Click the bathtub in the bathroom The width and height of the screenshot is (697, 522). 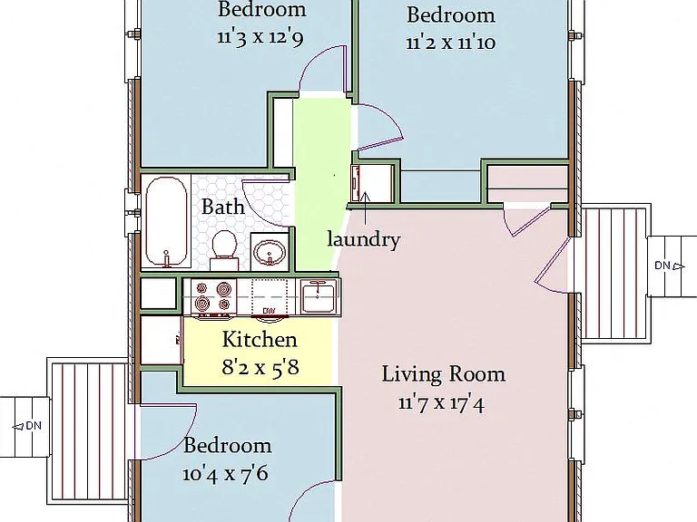166,221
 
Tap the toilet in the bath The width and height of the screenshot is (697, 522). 224,249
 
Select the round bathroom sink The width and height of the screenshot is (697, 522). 270,251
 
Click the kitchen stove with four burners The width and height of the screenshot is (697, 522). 211,296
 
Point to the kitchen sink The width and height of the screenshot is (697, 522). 318,296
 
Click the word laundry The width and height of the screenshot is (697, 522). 364,240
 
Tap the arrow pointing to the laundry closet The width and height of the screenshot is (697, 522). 366,208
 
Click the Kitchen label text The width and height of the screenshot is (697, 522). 260,340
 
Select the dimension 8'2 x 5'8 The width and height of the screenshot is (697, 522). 260,368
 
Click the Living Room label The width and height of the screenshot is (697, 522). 444,374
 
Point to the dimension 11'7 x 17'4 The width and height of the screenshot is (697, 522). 441,403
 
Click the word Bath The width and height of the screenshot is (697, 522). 222,207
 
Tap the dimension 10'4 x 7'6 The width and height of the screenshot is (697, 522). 225,474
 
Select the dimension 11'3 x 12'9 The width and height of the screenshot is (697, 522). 260,37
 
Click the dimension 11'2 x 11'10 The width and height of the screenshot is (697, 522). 451,43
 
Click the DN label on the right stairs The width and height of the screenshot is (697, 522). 662,266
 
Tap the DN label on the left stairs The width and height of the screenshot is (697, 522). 34,426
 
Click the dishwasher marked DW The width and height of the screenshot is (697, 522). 269,311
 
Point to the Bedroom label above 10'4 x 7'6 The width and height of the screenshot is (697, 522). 227,446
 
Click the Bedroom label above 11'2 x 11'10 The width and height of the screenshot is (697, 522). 451,15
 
